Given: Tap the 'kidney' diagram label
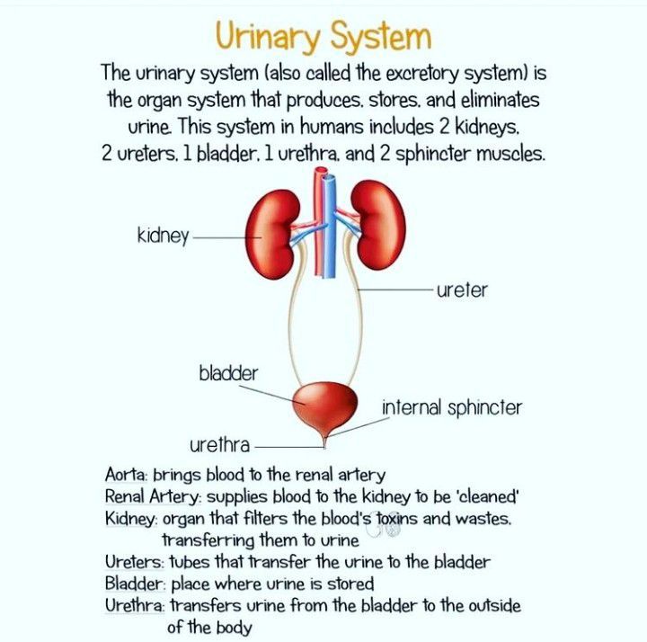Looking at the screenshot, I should [x=163, y=236].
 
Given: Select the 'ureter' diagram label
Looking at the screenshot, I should [x=462, y=290].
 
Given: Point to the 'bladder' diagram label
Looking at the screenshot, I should [x=228, y=371].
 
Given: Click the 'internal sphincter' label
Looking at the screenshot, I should [x=452, y=407].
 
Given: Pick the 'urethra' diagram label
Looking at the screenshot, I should [x=219, y=444].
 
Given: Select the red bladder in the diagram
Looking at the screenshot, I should [x=323, y=407].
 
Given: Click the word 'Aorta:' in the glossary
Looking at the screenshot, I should [x=127, y=475].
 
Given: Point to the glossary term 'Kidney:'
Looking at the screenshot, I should [x=131, y=519].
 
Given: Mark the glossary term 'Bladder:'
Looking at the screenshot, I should [x=134, y=584].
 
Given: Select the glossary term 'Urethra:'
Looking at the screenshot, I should [x=136, y=606].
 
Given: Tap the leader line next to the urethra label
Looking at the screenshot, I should [x=286, y=445].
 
